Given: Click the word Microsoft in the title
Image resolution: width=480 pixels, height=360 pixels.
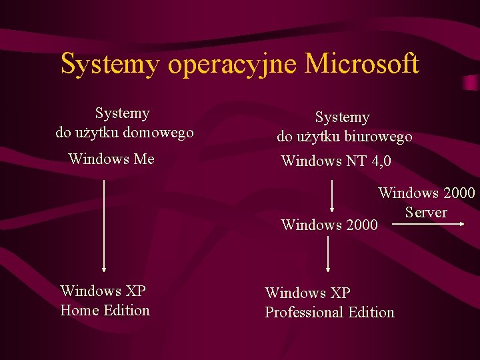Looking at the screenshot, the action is click(x=362, y=64).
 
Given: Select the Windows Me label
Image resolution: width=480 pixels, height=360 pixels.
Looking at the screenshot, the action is click(x=111, y=159).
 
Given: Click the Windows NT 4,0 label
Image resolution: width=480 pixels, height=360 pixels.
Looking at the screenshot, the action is click(x=336, y=161).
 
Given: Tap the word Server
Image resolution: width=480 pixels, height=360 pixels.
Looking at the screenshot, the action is click(x=425, y=212).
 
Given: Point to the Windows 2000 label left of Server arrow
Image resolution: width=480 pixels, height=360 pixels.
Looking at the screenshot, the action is click(x=329, y=225).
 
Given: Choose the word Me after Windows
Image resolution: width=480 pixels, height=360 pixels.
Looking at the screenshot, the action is click(x=143, y=159).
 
